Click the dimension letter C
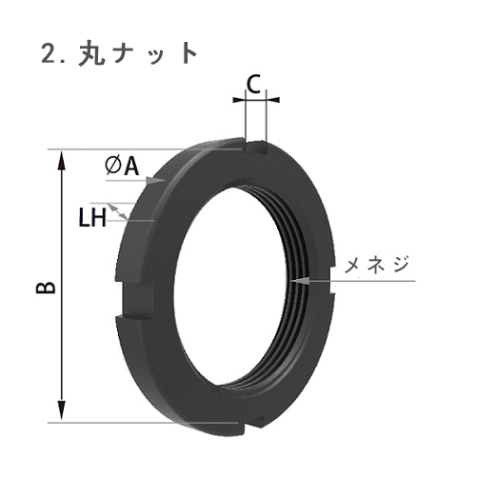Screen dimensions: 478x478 253,83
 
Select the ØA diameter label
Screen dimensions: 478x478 122,167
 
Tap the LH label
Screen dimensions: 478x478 91,218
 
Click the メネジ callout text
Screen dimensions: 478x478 376,264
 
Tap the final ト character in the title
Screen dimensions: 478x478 189,53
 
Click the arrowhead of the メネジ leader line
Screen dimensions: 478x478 298,280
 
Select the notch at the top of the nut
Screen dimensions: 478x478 254,147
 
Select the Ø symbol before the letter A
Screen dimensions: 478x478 111,167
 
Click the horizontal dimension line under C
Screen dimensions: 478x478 254,97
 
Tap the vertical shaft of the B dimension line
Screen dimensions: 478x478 63,286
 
